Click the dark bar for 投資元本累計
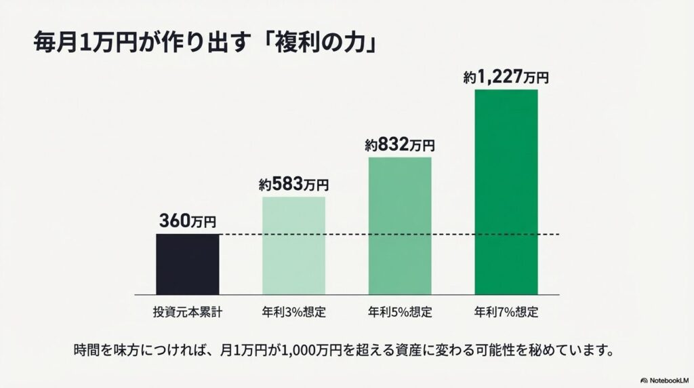188,264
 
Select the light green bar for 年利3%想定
293,246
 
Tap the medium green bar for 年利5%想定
399,226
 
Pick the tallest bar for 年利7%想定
506,192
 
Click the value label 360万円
188,221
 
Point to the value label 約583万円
293,184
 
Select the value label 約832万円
399,144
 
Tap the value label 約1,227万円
506,78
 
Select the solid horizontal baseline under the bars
347,294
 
